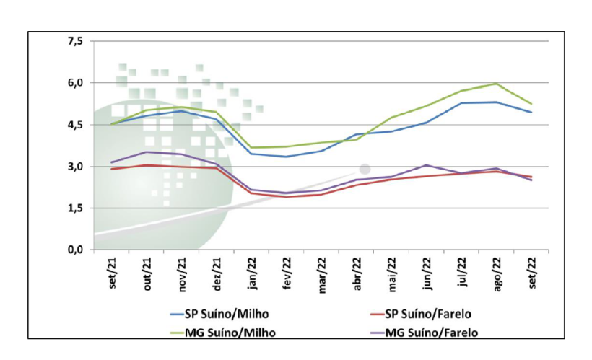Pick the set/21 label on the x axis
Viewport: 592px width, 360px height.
(112, 273)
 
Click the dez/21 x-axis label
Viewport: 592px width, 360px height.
(217, 273)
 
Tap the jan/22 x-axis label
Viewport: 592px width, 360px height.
(252, 273)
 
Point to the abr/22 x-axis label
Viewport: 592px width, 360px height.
(357, 273)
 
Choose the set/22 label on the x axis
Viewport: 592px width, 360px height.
(532, 273)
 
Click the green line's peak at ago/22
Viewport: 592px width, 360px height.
(497, 84)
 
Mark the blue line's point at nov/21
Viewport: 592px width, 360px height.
(181, 110)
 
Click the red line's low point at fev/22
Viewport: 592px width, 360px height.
(287, 197)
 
